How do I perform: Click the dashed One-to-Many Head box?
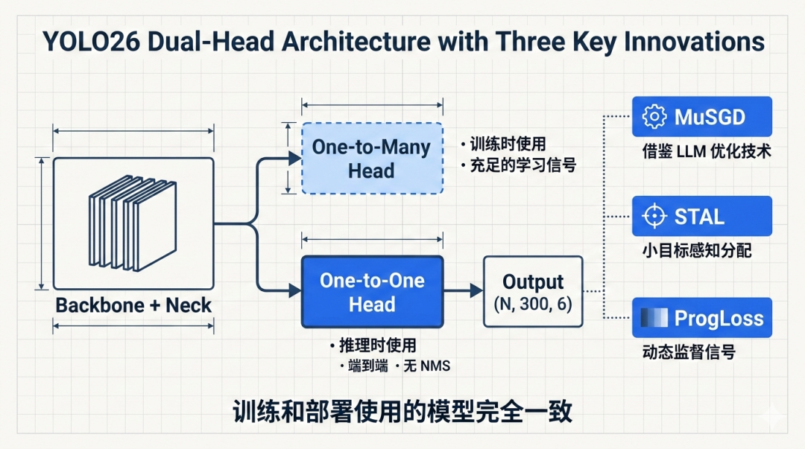click(x=371, y=158)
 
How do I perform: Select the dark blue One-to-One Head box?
click(x=372, y=292)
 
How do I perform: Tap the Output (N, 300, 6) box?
click(x=532, y=292)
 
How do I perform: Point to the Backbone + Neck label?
click(x=133, y=305)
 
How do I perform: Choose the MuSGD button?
click(x=701, y=117)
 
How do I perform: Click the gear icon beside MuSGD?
click(x=654, y=117)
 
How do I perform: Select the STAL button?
click(x=701, y=216)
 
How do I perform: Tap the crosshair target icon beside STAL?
click(x=654, y=216)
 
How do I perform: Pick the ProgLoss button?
click(x=701, y=318)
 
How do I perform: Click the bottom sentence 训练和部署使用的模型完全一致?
click(x=402, y=411)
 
